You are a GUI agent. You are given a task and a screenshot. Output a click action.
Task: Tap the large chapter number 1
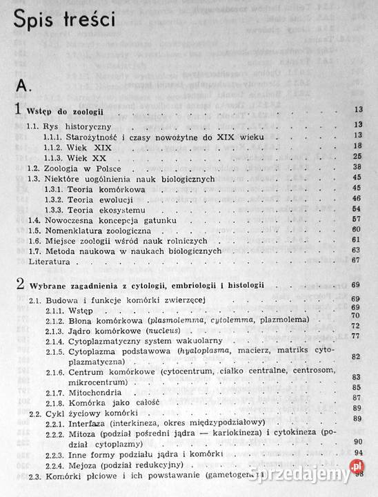click(x=18, y=109)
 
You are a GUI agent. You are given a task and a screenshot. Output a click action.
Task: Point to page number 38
click(x=357, y=167)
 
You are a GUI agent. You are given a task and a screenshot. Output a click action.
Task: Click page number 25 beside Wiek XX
click(x=357, y=157)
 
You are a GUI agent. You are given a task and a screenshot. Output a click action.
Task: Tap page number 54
click(x=357, y=208)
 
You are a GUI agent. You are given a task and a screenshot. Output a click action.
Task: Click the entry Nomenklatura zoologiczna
click(x=92, y=229)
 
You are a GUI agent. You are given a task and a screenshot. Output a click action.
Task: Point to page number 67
click(x=357, y=260)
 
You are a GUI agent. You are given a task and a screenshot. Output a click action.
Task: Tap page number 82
click(x=357, y=356)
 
